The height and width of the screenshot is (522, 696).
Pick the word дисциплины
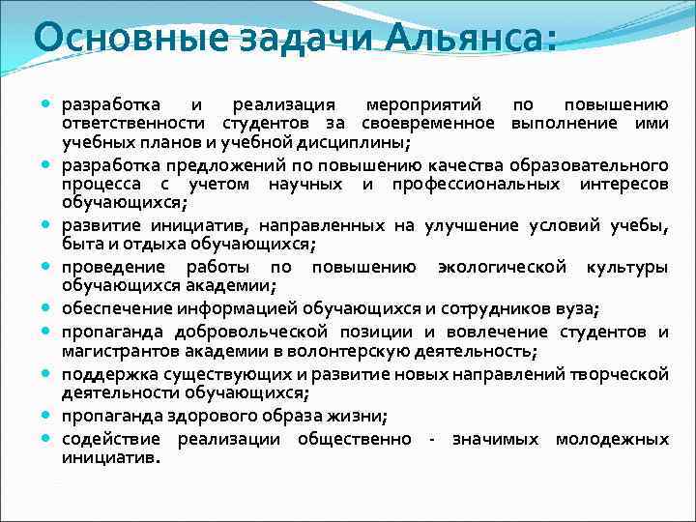coord(356,143)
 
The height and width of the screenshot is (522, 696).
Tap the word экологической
coord(502,266)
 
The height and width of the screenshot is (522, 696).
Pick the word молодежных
coord(612,439)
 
